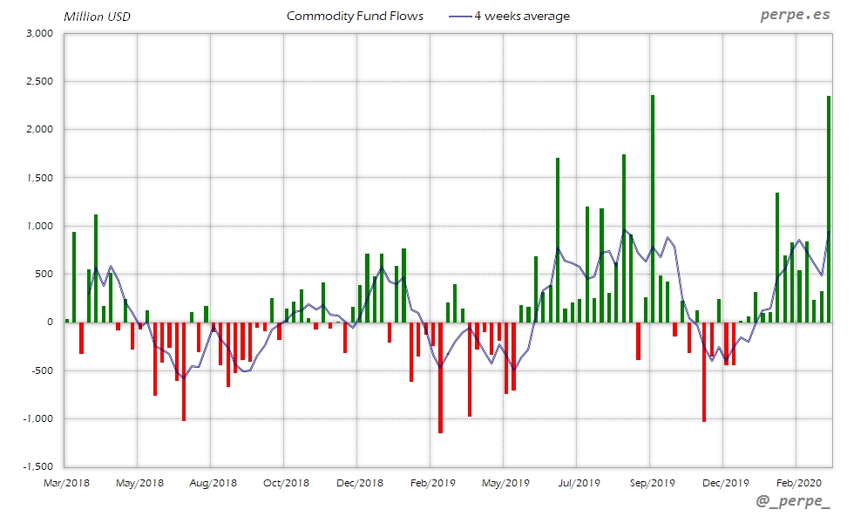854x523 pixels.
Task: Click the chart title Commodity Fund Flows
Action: click(x=355, y=16)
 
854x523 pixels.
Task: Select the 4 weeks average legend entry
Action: click(x=511, y=16)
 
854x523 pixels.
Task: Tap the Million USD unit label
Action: click(x=98, y=17)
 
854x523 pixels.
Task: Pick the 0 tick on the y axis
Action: click(x=51, y=323)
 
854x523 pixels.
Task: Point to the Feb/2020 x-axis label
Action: click(x=797, y=482)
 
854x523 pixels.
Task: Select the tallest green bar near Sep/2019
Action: click(x=653, y=209)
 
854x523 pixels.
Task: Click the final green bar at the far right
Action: click(x=829, y=209)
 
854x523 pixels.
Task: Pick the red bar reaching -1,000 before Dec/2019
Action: click(x=704, y=372)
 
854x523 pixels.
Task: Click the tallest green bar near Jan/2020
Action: click(x=777, y=257)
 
